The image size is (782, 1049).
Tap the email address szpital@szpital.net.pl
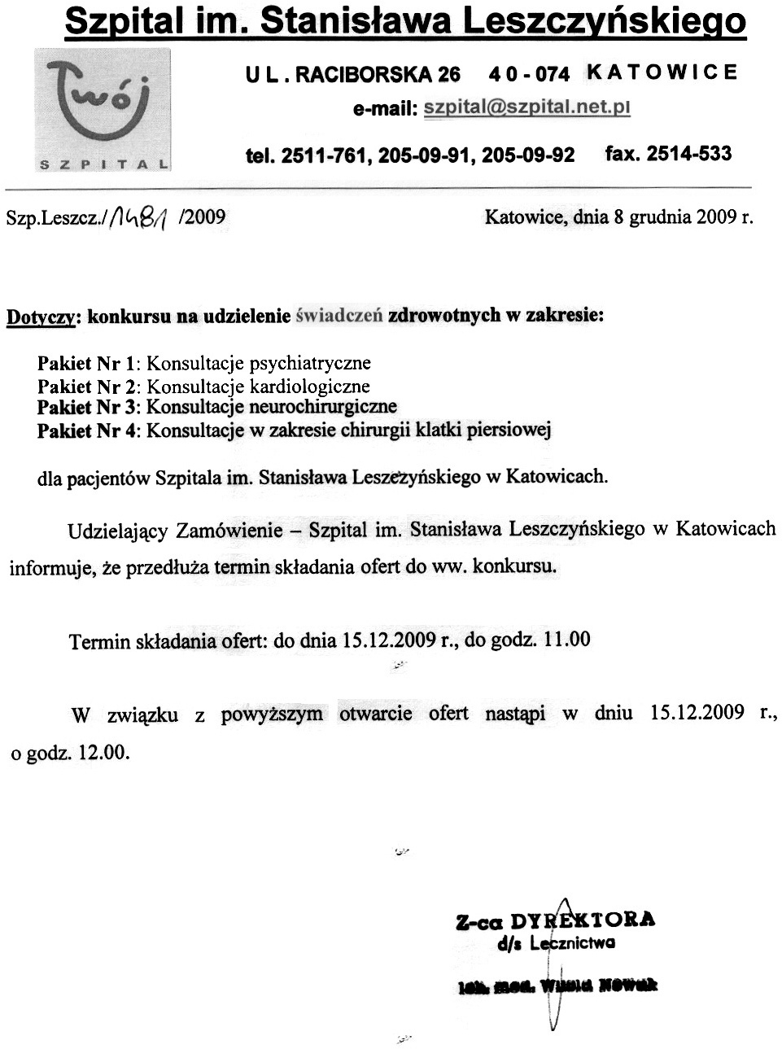pyautogui.click(x=526, y=107)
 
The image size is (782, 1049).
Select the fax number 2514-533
pyautogui.click(x=688, y=154)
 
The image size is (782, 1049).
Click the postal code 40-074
pyautogui.click(x=529, y=74)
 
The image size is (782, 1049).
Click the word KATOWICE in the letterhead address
pyautogui.click(x=662, y=72)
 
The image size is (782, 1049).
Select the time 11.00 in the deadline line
pyautogui.click(x=566, y=639)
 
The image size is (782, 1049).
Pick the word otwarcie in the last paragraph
pyautogui.click(x=375, y=714)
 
